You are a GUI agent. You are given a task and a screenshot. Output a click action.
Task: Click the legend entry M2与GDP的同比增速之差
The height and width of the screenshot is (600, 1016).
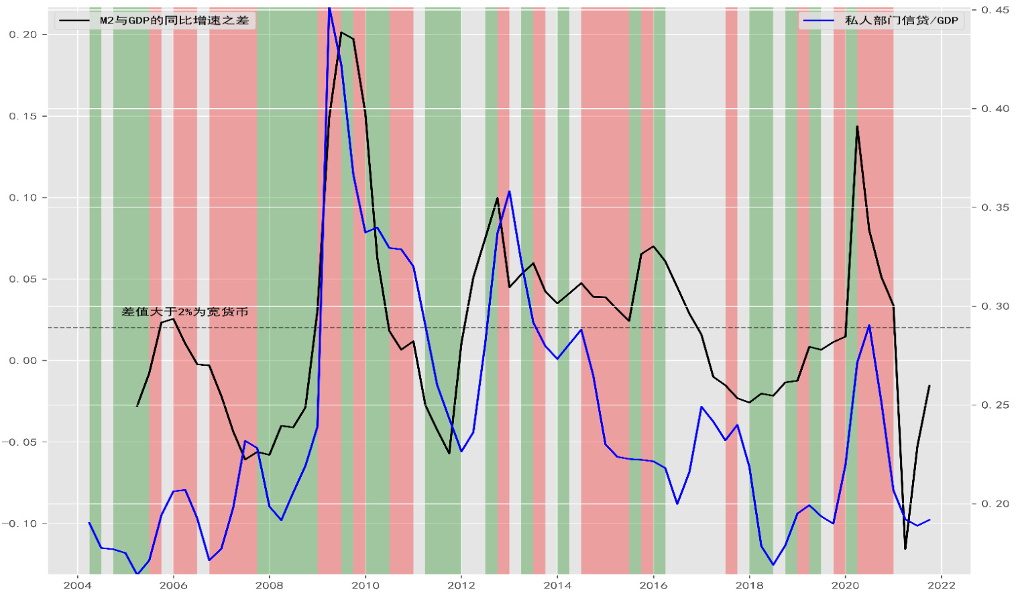(x=174, y=20)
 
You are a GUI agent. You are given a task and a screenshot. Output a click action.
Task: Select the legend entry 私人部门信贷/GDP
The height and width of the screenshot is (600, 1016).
(x=901, y=20)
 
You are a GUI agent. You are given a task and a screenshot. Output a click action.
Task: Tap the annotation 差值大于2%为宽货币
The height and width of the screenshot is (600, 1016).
(x=185, y=311)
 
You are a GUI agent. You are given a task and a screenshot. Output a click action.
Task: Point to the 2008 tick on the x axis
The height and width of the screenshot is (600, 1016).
(x=269, y=585)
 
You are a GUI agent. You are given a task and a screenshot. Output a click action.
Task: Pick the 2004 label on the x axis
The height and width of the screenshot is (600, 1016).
(x=77, y=585)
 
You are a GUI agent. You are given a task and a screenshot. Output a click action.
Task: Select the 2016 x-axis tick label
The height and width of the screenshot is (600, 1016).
(x=653, y=585)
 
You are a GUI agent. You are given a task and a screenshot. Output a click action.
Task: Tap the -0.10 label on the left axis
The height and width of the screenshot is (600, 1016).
(x=20, y=523)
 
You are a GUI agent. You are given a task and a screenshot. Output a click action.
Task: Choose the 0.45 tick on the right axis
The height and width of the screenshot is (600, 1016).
(x=995, y=10)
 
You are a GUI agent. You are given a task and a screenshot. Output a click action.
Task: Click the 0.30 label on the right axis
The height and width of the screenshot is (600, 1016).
(x=995, y=306)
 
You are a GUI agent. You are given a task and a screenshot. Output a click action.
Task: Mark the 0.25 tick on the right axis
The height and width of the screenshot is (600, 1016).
(x=995, y=405)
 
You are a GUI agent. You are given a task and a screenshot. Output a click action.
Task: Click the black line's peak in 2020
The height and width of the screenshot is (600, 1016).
(x=857, y=126)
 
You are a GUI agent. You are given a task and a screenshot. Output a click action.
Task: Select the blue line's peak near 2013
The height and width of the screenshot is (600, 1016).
(x=510, y=191)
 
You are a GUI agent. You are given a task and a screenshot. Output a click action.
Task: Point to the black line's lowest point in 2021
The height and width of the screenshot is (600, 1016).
(x=905, y=549)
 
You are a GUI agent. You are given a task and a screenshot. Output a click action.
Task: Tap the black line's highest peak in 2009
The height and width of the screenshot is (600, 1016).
(x=341, y=32)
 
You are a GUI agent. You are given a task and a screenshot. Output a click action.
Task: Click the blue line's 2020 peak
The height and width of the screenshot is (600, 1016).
(x=869, y=326)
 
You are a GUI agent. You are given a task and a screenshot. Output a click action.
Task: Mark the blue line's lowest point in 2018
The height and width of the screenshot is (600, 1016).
(x=773, y=564)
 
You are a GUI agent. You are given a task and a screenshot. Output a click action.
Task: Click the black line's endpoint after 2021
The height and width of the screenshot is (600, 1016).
(x=929, y=386)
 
